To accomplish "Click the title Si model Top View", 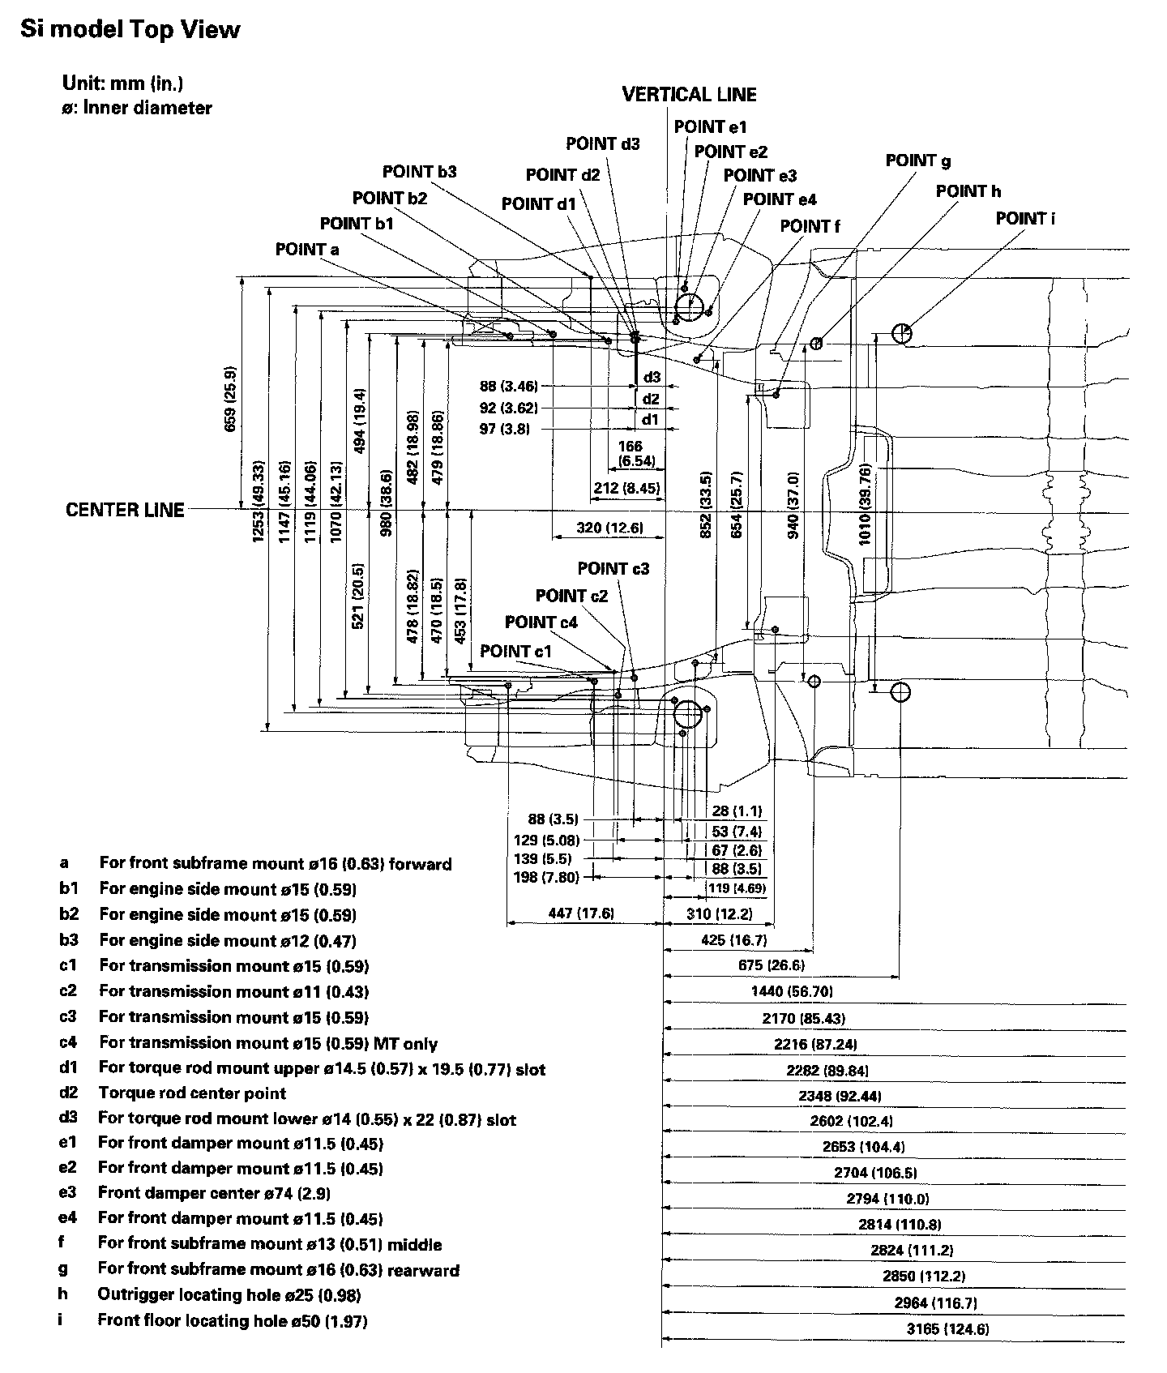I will [x=130, y=31].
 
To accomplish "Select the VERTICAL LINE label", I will [x=689, y=95].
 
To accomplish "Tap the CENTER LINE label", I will [x=125, y=510].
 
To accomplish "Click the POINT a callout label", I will [x=307, y=250].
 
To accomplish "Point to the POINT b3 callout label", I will [x=420, y=172].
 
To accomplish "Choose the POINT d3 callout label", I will [x=603, y=144].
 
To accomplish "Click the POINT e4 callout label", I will [x=780, y=199].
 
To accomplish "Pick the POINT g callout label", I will [x=918, y=160].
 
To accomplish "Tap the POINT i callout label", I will [x=1025, y=219].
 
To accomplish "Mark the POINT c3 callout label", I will [x=613, y=569].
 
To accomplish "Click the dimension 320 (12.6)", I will [x=609, y=528].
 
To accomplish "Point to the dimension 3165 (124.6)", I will [x=947, y=1328].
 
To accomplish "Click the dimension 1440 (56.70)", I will [x=792, y=991].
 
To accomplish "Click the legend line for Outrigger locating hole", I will [x=229, y=1294].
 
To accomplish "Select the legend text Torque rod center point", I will [x=192, y=1093].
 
